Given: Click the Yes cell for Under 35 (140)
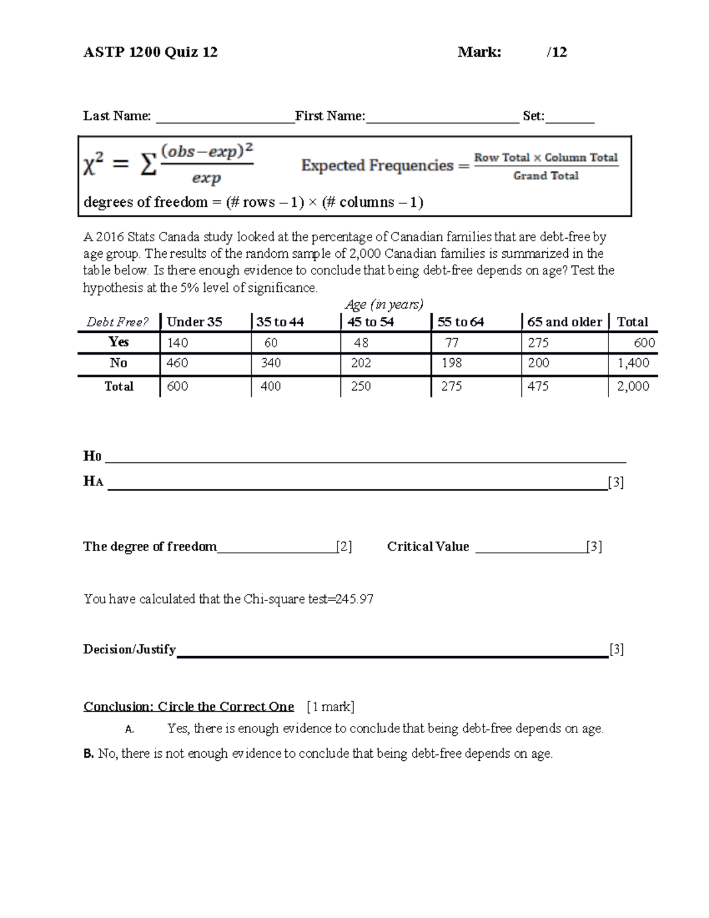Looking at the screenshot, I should click(177, 343).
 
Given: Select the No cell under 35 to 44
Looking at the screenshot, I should click(271, 363).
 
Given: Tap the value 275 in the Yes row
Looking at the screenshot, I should click(538, 343).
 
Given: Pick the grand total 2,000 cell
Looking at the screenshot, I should click(633, 386).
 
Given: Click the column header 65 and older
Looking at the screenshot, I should click(564, 322).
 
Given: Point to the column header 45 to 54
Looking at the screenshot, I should click(370, 322).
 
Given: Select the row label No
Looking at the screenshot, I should click(119, 363).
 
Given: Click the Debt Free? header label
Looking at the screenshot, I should click(118, 322).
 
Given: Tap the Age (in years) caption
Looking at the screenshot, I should click(384, 305).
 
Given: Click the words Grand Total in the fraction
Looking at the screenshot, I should click(545, 176).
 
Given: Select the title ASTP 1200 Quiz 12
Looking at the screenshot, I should click(151, 52).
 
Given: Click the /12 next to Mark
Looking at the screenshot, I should click(557, 52).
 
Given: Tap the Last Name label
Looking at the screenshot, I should click(117, 116).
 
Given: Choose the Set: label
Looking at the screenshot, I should click(534, 116).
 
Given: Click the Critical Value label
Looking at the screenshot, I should click(428, 547).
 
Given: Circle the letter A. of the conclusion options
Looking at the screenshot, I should click(129, 729).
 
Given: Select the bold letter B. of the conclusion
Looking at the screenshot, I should click(89, 754).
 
